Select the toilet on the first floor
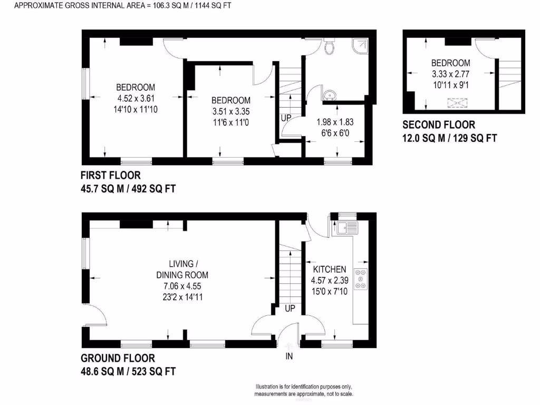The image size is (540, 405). (330, 47)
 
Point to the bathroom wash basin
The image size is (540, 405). (330, 95)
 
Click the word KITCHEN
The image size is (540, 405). (329, 269)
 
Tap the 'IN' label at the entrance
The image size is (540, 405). (289, 356)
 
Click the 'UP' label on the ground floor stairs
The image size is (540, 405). (290, 308)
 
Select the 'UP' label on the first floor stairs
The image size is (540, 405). (286, 118)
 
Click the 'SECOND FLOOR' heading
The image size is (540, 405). (439, 125)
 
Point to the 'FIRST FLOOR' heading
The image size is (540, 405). (111, 175)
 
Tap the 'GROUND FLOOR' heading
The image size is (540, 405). (118, 358)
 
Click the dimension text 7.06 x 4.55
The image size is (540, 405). (182, 286)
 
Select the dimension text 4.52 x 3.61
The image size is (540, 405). (136, 98)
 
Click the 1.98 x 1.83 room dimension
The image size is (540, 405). (335, 122)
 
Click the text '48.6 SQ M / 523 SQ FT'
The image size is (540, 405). (128, 371)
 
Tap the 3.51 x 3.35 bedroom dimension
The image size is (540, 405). (231, 111)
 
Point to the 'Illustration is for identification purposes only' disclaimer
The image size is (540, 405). (304, 387)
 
